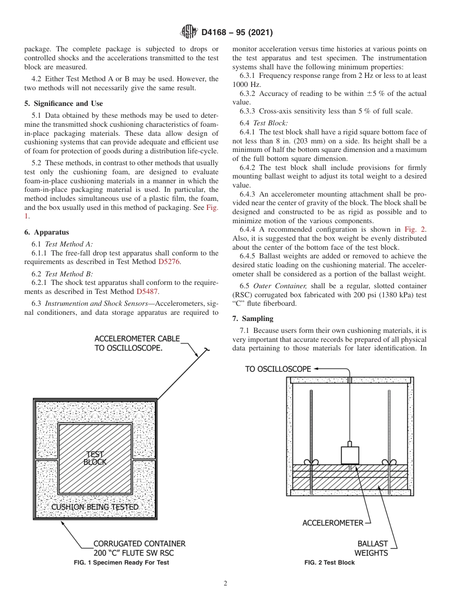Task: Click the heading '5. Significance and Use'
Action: [63, 104]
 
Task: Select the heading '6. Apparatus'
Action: [47, 232]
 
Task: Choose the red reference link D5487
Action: [147, 292]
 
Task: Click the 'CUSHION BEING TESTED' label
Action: [95, 507]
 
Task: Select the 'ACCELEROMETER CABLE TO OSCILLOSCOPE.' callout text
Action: [137, 343]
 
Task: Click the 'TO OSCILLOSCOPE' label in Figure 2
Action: [278, 369]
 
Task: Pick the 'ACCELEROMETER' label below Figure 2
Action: [332, 523]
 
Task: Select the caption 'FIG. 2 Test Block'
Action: [329, 563]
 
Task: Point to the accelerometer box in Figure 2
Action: [350, 454]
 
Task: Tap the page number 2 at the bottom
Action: [225, 584]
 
